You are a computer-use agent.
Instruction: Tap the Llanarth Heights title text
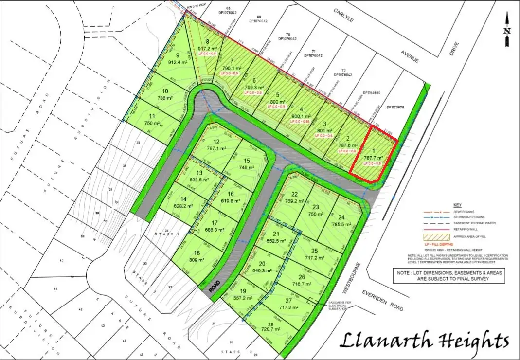pos(425,340)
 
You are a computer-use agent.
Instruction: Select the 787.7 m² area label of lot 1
pos(374,158)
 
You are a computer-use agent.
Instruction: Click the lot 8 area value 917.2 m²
pos(208,49)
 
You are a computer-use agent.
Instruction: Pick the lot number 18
pos(197,253)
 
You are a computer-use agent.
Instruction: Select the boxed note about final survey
pos(448,276)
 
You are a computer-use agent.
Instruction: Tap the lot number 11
pos(153,116)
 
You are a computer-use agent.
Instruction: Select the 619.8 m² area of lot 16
pos(231,201)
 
